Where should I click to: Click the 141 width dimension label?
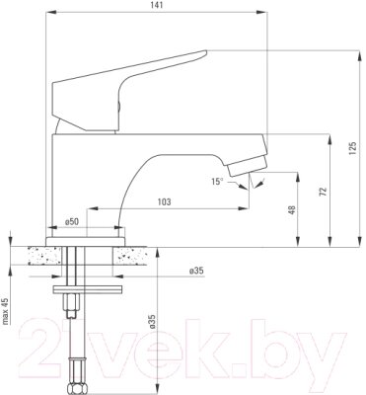click(157, 5)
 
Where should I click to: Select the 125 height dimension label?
click(352, 149)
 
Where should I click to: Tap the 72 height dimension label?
click(324, 192)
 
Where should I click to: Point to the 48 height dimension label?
click(292, 210)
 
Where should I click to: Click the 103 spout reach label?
click(165, 201)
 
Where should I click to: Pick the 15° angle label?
click(217, 181)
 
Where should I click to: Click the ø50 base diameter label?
click(72, 222)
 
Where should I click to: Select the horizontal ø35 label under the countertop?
click(196, 271)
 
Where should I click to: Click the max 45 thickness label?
click(5, 311)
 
